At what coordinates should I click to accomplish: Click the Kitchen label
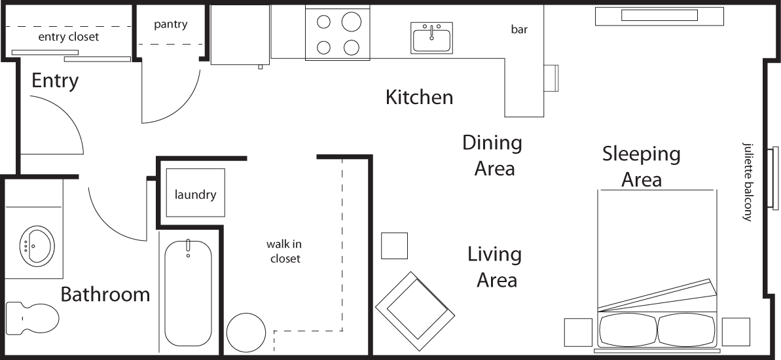point(419,98)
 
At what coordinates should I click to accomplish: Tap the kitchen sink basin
point(431,39)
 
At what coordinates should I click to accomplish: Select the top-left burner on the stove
point(323,22)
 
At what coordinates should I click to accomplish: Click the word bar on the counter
point(519,29)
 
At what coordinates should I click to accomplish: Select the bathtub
point(188,293)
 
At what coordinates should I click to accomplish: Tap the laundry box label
point(195,194)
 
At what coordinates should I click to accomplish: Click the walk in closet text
point(284,251)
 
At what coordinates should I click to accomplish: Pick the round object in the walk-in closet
point(246,333)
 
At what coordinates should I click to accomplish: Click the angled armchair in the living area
point(416,311)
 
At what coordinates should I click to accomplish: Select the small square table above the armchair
point(394,245)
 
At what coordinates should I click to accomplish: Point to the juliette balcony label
point(746,181)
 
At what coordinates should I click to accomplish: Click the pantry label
point(171,25)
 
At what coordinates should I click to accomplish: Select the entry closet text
point(69,37)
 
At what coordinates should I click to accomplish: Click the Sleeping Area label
point(641,166)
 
